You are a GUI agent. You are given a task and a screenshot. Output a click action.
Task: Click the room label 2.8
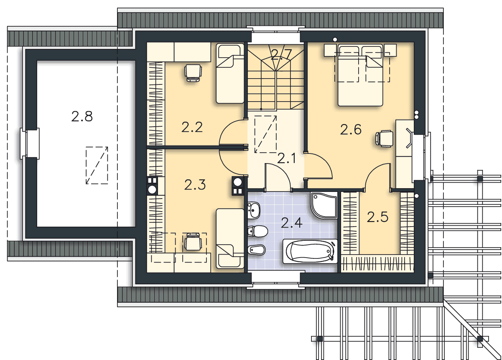(x=82, y=117)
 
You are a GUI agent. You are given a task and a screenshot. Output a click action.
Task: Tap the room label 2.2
(x=192, y=127)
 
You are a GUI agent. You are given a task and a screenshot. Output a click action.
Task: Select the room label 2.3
(x=195, y=185)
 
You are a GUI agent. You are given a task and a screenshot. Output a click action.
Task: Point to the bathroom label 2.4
(x=292, y=223)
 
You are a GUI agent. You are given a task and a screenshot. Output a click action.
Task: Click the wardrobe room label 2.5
(x=377, y=217)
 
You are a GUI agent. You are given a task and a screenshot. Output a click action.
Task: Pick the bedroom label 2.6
(x=351, y=130)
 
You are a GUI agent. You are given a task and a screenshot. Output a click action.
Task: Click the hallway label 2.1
(x=287, y=158)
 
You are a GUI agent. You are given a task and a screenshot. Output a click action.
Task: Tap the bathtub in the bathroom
(x=310, y=251)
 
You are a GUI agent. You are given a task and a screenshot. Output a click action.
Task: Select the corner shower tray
(x=324, y=205)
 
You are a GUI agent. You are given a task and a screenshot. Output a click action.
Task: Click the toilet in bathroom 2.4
(x=258, y=231)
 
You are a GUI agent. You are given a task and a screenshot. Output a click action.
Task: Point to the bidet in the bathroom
(x=257, y=250)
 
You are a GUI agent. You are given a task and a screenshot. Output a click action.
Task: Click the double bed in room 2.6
(x=360, y=75)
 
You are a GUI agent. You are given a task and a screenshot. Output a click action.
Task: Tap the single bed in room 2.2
(x=230, y=74)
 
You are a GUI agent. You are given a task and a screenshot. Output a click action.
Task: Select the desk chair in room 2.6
(x=384, y=139)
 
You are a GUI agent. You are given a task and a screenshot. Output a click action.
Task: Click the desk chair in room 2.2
(x=193, y=73)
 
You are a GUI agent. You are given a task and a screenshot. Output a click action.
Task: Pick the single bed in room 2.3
(x=230, y=238)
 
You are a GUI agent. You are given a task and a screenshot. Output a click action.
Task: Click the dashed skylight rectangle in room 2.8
(x=97, y=166)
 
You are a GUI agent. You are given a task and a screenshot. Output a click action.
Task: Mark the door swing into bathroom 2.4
(x=278, y=177)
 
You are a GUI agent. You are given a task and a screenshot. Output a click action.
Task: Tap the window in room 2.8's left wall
(x=30, y=143)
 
